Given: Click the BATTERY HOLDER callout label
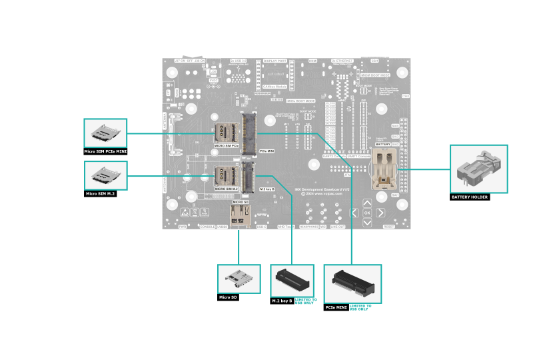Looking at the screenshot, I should [470, 197].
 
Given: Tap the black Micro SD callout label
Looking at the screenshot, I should [228, 297].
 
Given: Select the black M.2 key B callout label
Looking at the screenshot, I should [282, 301].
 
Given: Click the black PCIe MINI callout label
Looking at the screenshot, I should [335, 308].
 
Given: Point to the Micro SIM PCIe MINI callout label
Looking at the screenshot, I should [105, 152].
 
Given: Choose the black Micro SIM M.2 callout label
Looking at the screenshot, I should [101, 194].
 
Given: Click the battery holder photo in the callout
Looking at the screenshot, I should [479, 169].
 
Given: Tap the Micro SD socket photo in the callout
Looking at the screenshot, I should [237, 279].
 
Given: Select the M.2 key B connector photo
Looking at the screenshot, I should [292, 281].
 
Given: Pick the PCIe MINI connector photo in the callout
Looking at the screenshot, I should [352, 283].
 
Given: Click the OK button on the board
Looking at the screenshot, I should [367, 213].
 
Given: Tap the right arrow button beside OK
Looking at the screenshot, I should [380, 213].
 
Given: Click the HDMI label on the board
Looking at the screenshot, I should [312, 61].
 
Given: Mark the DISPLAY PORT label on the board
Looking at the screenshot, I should [274, 61].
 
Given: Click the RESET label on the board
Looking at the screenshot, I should [389, 227].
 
